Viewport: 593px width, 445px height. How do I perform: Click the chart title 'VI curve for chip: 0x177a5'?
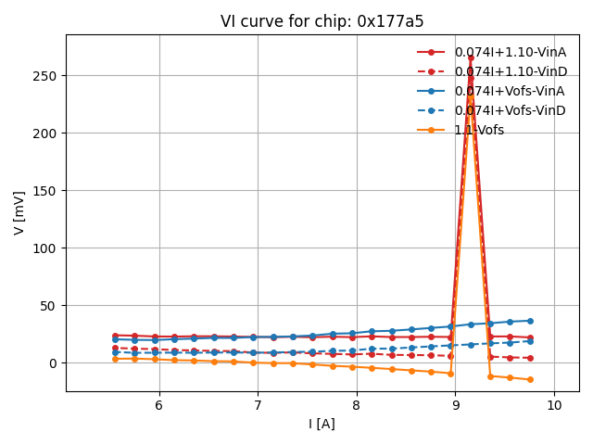[x=322, y=21]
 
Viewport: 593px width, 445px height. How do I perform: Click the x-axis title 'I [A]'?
[x=322, y=424]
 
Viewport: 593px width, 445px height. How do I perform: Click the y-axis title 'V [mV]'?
[x=19, y=212]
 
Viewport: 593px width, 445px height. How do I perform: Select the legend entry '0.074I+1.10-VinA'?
[x=510, y=52]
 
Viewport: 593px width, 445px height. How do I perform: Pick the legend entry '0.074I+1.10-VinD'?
[x=510, y=71]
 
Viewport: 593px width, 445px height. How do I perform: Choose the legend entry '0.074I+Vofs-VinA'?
[x=510, y=91]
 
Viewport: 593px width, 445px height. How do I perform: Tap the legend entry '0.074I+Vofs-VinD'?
[x=510, y=110]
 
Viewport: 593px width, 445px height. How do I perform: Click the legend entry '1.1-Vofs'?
[x=479, y=130]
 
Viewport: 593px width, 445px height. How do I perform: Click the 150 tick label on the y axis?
[x=45, y=191]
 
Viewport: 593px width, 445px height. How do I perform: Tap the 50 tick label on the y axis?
[x=49, y=306]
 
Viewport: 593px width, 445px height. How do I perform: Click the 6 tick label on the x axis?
[x=158, y=405]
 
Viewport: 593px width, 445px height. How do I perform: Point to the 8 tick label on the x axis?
[x=356, y=405]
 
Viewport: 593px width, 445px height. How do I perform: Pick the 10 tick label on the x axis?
[x=554, y=405]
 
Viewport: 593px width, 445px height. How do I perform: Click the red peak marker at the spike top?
[x=471, y=58]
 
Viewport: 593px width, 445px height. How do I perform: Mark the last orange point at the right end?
[x=530, y=379]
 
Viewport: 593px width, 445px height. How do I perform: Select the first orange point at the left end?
[x=115, y=359]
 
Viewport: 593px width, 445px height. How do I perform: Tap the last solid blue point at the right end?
[x=530, y=321]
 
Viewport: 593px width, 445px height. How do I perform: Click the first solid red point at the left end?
[x=115, y=336]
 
